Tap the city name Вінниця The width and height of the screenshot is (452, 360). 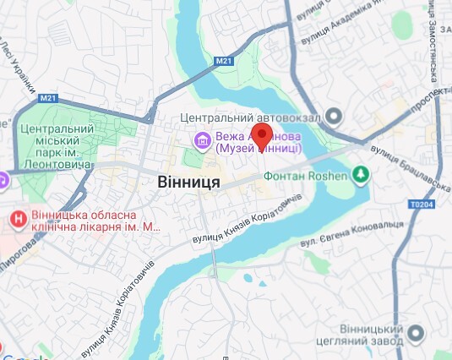188,182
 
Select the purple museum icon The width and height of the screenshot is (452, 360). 202,139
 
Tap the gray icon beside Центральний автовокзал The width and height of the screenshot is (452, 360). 335,116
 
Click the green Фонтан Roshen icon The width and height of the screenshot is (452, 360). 362,175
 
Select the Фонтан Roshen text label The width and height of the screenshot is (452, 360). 307,177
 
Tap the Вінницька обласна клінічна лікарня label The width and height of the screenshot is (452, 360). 93,221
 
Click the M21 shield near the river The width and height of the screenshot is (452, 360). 222,61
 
